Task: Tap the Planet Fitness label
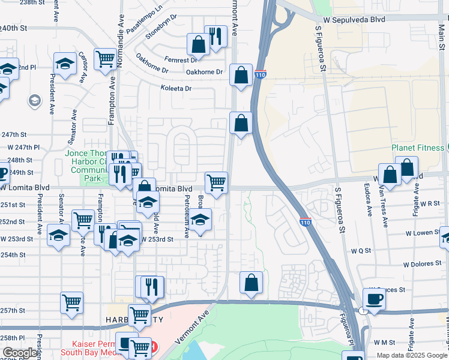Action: click(x=417, y=148)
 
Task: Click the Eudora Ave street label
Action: click(x=367, y=202)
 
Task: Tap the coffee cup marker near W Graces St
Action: click(x=375, y=298)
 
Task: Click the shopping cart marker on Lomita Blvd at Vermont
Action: click(x=216, y=181)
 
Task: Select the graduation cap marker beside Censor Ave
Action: click(x=65, y=62)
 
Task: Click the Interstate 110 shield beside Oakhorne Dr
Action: click(x=259, y=74)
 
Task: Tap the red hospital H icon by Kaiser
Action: click(x=154, y=346)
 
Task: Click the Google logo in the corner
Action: click(x=20, y=353)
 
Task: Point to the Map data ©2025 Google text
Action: click(x=411, y=355)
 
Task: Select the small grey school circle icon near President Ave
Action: click(x=34, y=100)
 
